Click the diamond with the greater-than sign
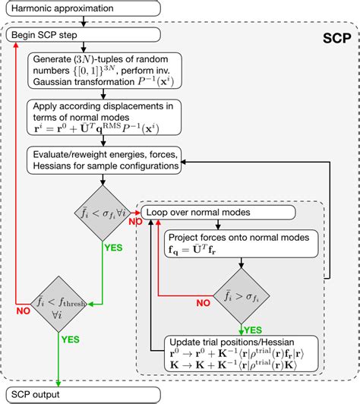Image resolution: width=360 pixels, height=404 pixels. coord(242,298)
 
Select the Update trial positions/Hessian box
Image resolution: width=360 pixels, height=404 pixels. coord(242,354)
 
